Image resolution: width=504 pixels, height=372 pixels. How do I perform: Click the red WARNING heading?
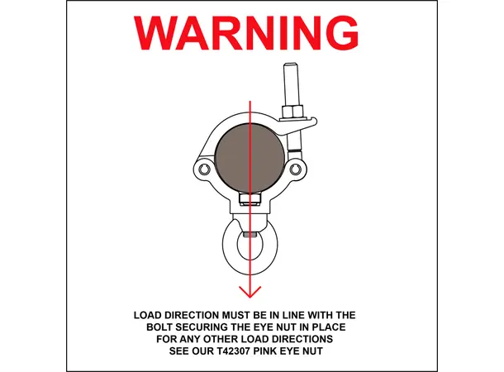coord(246,33)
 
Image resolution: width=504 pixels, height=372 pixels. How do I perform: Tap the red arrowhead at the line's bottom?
coord(250,293)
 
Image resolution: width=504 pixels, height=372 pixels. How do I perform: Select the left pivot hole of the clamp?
coord(204,169)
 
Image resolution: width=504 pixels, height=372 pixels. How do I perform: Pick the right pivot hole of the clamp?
coord(296,169)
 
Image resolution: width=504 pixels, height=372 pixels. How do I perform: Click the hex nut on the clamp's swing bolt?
coord(292,112)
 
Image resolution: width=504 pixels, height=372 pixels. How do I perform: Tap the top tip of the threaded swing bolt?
coord(291,64)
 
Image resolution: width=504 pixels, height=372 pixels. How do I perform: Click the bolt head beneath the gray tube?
coord(250,198)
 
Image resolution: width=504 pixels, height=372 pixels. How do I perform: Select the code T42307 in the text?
coord(231,351)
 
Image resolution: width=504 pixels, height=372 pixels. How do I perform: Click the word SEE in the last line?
coord(179,351)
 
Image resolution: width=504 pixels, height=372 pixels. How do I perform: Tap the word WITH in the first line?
coord(321,315)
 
